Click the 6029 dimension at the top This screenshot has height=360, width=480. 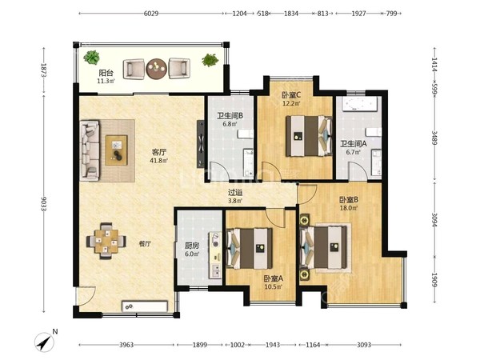[151, 14]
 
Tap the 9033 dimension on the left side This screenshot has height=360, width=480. [43, 204]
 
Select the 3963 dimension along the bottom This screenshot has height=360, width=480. [126, 345]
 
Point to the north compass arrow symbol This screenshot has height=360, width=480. [44, 342]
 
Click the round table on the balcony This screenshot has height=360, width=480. [157, 69]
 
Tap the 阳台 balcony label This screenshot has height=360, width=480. [106, 73]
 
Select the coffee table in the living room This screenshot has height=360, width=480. [116, 150]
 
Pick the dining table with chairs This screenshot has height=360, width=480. [106, 241]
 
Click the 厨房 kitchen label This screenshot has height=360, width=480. [192, 246]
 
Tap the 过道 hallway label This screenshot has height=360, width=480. [235, 193]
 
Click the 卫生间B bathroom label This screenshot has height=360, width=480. [230, 116]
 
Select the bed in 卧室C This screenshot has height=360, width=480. [309, 136]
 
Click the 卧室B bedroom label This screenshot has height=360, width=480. [349, 200]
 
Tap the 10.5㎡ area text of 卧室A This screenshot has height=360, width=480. [274, 287]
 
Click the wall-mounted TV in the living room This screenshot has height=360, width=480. [201, 144]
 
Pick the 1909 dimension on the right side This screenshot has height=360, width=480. [434, 279]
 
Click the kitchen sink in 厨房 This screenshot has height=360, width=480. [215, 270]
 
